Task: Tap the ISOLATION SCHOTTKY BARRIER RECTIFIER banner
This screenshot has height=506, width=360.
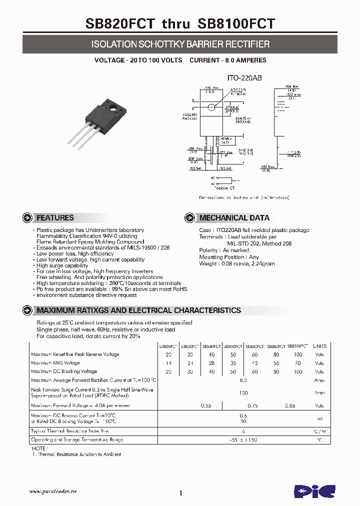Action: pyautogui.click(x=180, y=44)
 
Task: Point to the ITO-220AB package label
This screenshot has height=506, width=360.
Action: pyautogui.click(x=245, y=78)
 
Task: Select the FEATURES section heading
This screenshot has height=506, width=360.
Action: pyautogui.click(x=55, y=217)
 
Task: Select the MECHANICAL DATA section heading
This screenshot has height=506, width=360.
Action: pyautogui.click(x=234, y=217)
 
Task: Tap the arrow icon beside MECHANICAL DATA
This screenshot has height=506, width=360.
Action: pyautogui.click(x=189, y=217)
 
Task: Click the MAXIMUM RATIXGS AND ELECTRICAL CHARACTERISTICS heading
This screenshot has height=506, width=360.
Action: pyautogui.click(x=138, y=310)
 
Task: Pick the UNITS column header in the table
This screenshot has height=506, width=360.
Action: pyautogui.click(x=319, y=346)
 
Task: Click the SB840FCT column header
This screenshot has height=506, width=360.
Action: pyautogui.click(x=211, y=346)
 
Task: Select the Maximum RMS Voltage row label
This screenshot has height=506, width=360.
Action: pyautogui.click(x=55, y=363)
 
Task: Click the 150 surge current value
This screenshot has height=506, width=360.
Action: pyautogui.click(x=243, y=392)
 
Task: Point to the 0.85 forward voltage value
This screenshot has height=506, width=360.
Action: pyautogui.click(x=289, y=406)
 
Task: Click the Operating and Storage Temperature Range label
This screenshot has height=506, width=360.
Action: pyautogui.click(x=77, y=439)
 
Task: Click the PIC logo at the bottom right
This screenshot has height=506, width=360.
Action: pyautogui.click(x=314, y=490)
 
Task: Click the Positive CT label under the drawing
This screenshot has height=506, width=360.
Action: pyautogui.click(x=224, y=188)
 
